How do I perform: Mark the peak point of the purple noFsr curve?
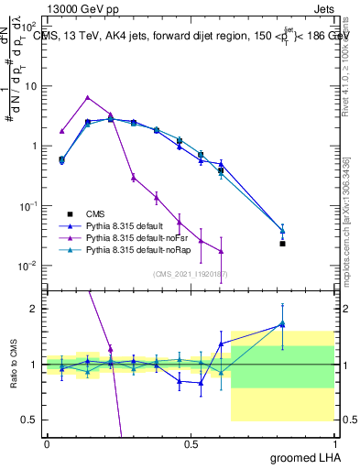point(87,97)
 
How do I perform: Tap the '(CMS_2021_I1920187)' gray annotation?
point(191,272)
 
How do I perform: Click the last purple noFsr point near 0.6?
point(221,252)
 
